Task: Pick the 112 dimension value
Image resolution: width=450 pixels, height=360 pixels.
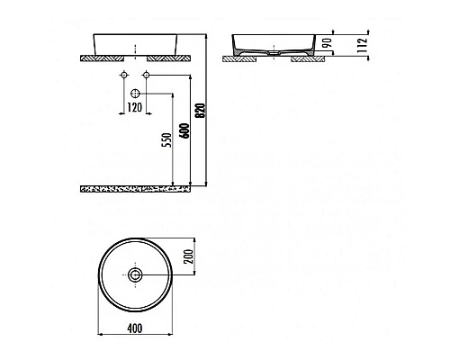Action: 361,43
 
